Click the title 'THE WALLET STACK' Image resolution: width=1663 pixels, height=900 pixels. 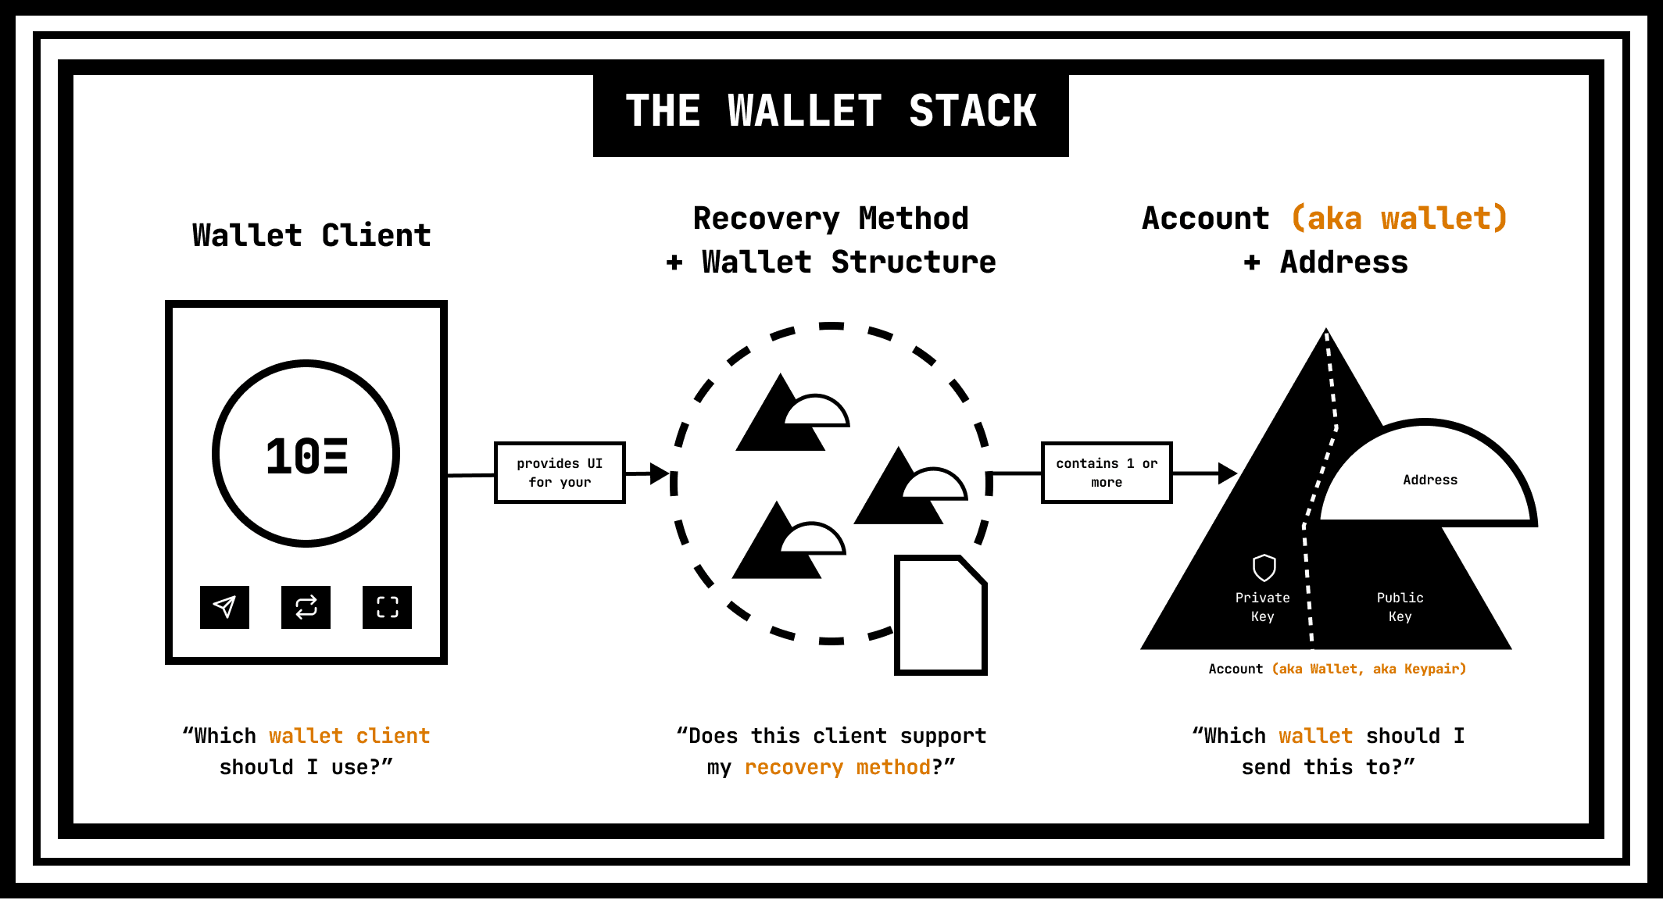(x=831, y=110)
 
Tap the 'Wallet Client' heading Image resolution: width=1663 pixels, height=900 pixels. (x=312, y=235)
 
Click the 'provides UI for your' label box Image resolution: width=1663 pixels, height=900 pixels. (x=560, y=473)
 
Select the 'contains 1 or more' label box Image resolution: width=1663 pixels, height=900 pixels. (x=1107, y=473)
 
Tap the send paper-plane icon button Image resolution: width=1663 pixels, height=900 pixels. (x=224, y=607)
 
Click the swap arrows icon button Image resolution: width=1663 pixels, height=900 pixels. (x=306, y=607)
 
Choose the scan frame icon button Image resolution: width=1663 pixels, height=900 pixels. (x=387, y=607)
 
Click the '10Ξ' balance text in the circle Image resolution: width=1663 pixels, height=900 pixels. (x=306, y=456)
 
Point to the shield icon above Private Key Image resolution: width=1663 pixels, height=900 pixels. (x=1264, y=568)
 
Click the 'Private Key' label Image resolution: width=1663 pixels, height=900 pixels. (x=1262, y=607)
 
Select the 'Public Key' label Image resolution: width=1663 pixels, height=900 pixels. (x=1400, y=607)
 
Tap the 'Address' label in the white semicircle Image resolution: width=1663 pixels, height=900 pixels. (x=1430, y=480)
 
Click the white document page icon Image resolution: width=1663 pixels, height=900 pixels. (x=941, y=615)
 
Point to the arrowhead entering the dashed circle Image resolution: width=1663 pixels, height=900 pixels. (x=660, y=473)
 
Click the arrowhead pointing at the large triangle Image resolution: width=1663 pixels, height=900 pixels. (x=1228, y=473)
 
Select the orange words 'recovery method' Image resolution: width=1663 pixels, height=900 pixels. (x=838, y=767)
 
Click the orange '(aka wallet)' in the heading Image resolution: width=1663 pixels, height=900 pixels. (x=1399, y=218)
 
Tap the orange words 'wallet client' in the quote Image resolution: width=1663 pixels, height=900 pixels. (x=349, y=736)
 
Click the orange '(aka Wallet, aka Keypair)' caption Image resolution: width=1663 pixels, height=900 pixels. (x=1369, y=669)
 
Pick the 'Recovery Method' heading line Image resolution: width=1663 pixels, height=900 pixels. (x=831, y=219)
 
